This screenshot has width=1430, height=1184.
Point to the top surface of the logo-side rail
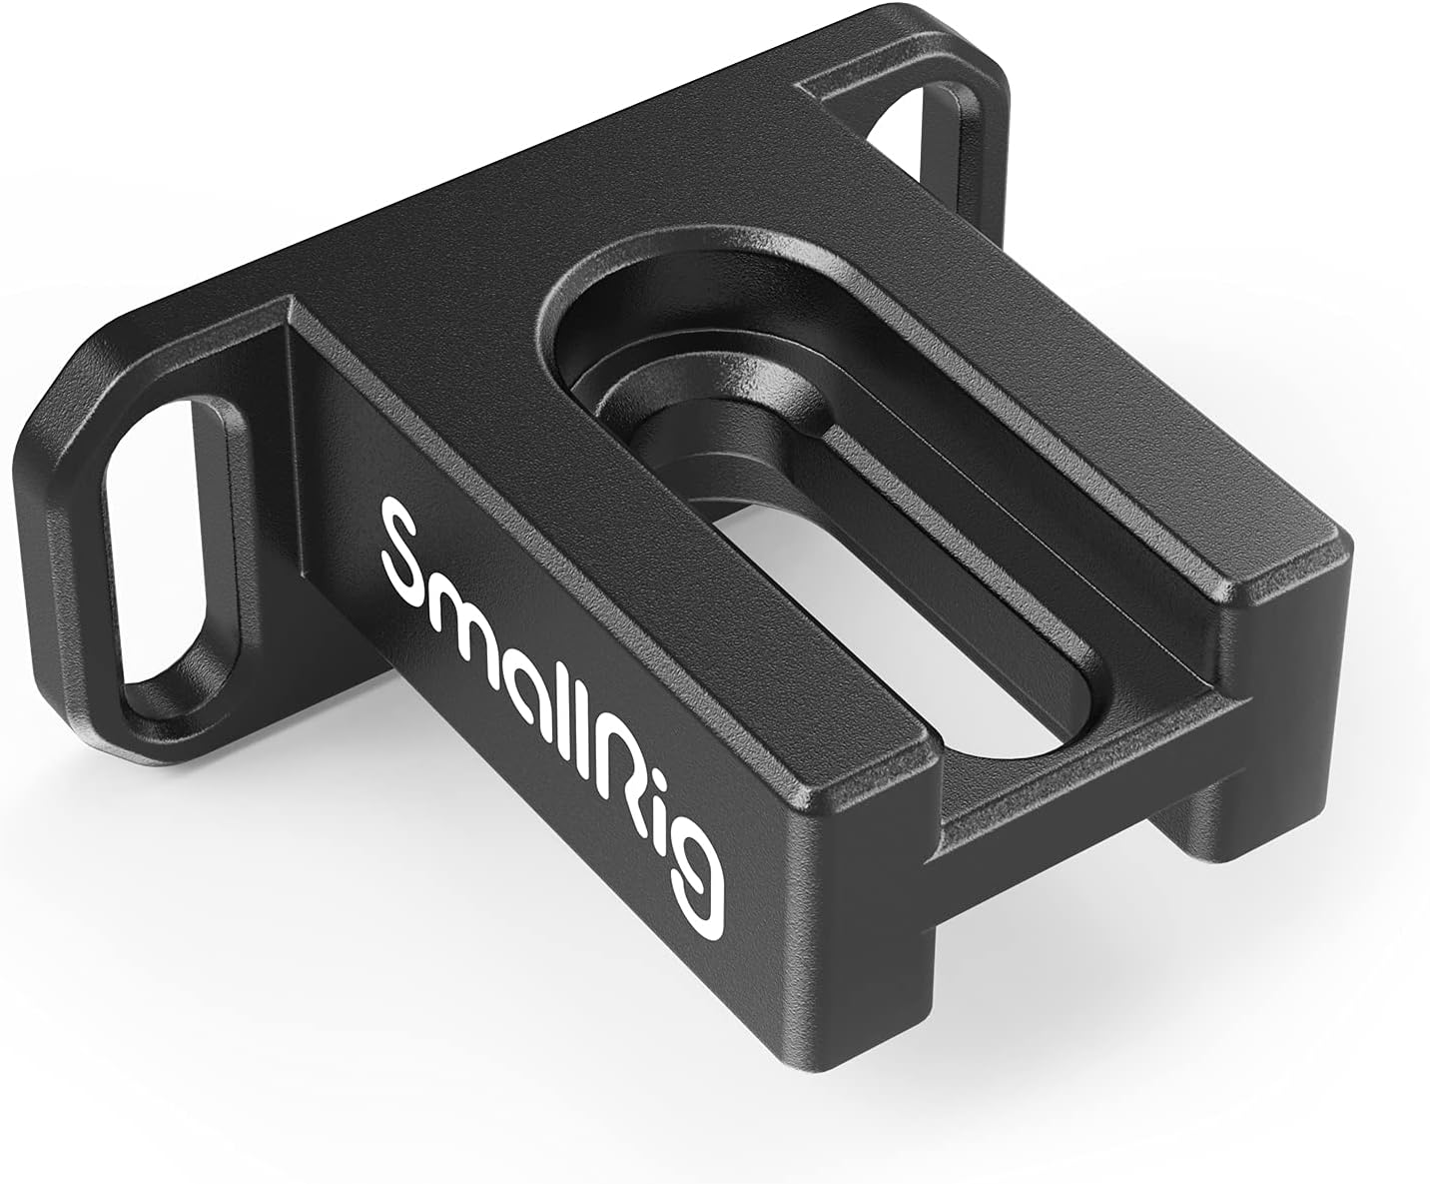coord(559,420)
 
